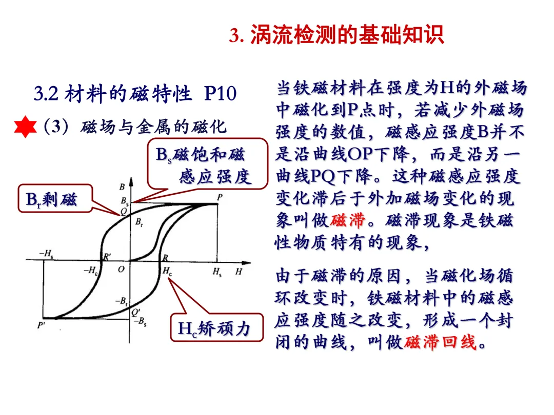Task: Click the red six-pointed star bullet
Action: [25, 127]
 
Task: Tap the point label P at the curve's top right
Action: [220, 197]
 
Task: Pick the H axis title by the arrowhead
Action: [239, 271]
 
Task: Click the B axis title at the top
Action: [122, 186]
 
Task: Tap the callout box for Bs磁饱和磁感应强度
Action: [208, 164]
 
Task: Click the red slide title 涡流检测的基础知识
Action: [346, 36]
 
